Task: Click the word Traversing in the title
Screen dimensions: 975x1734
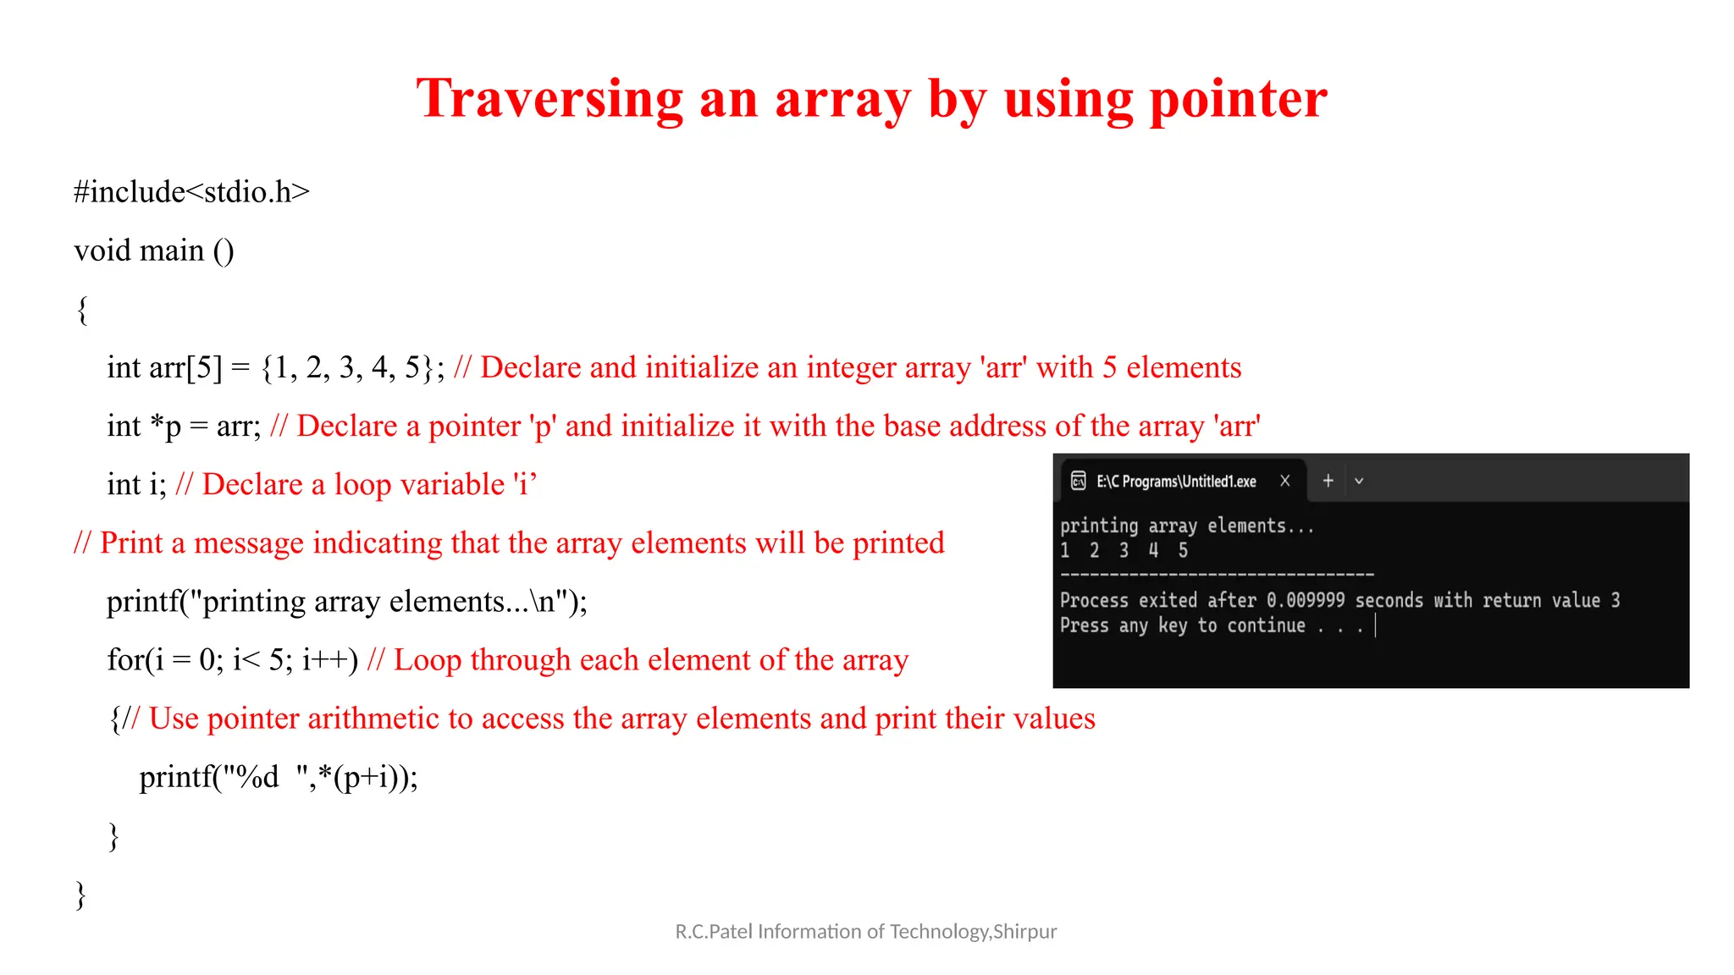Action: [x=549, y=99]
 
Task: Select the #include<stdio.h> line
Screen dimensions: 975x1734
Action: [x=191, y=192]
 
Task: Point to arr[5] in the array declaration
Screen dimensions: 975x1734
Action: [x=185, y=367]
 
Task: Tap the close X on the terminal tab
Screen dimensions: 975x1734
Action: [x=1285, y=481]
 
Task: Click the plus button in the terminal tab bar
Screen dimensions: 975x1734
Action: [x=1328, y=481]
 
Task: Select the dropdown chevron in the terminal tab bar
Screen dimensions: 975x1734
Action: [x=1359, y=481]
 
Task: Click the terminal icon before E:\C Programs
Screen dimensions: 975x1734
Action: [x=1078, y=481]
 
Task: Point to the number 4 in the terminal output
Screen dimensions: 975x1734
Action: [x=1153, y=550]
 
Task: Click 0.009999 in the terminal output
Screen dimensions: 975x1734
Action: [x=1306, y=600]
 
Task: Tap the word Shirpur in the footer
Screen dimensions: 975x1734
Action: [x=1025, y=932]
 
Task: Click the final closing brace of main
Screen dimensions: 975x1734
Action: [x=81, y=894]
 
